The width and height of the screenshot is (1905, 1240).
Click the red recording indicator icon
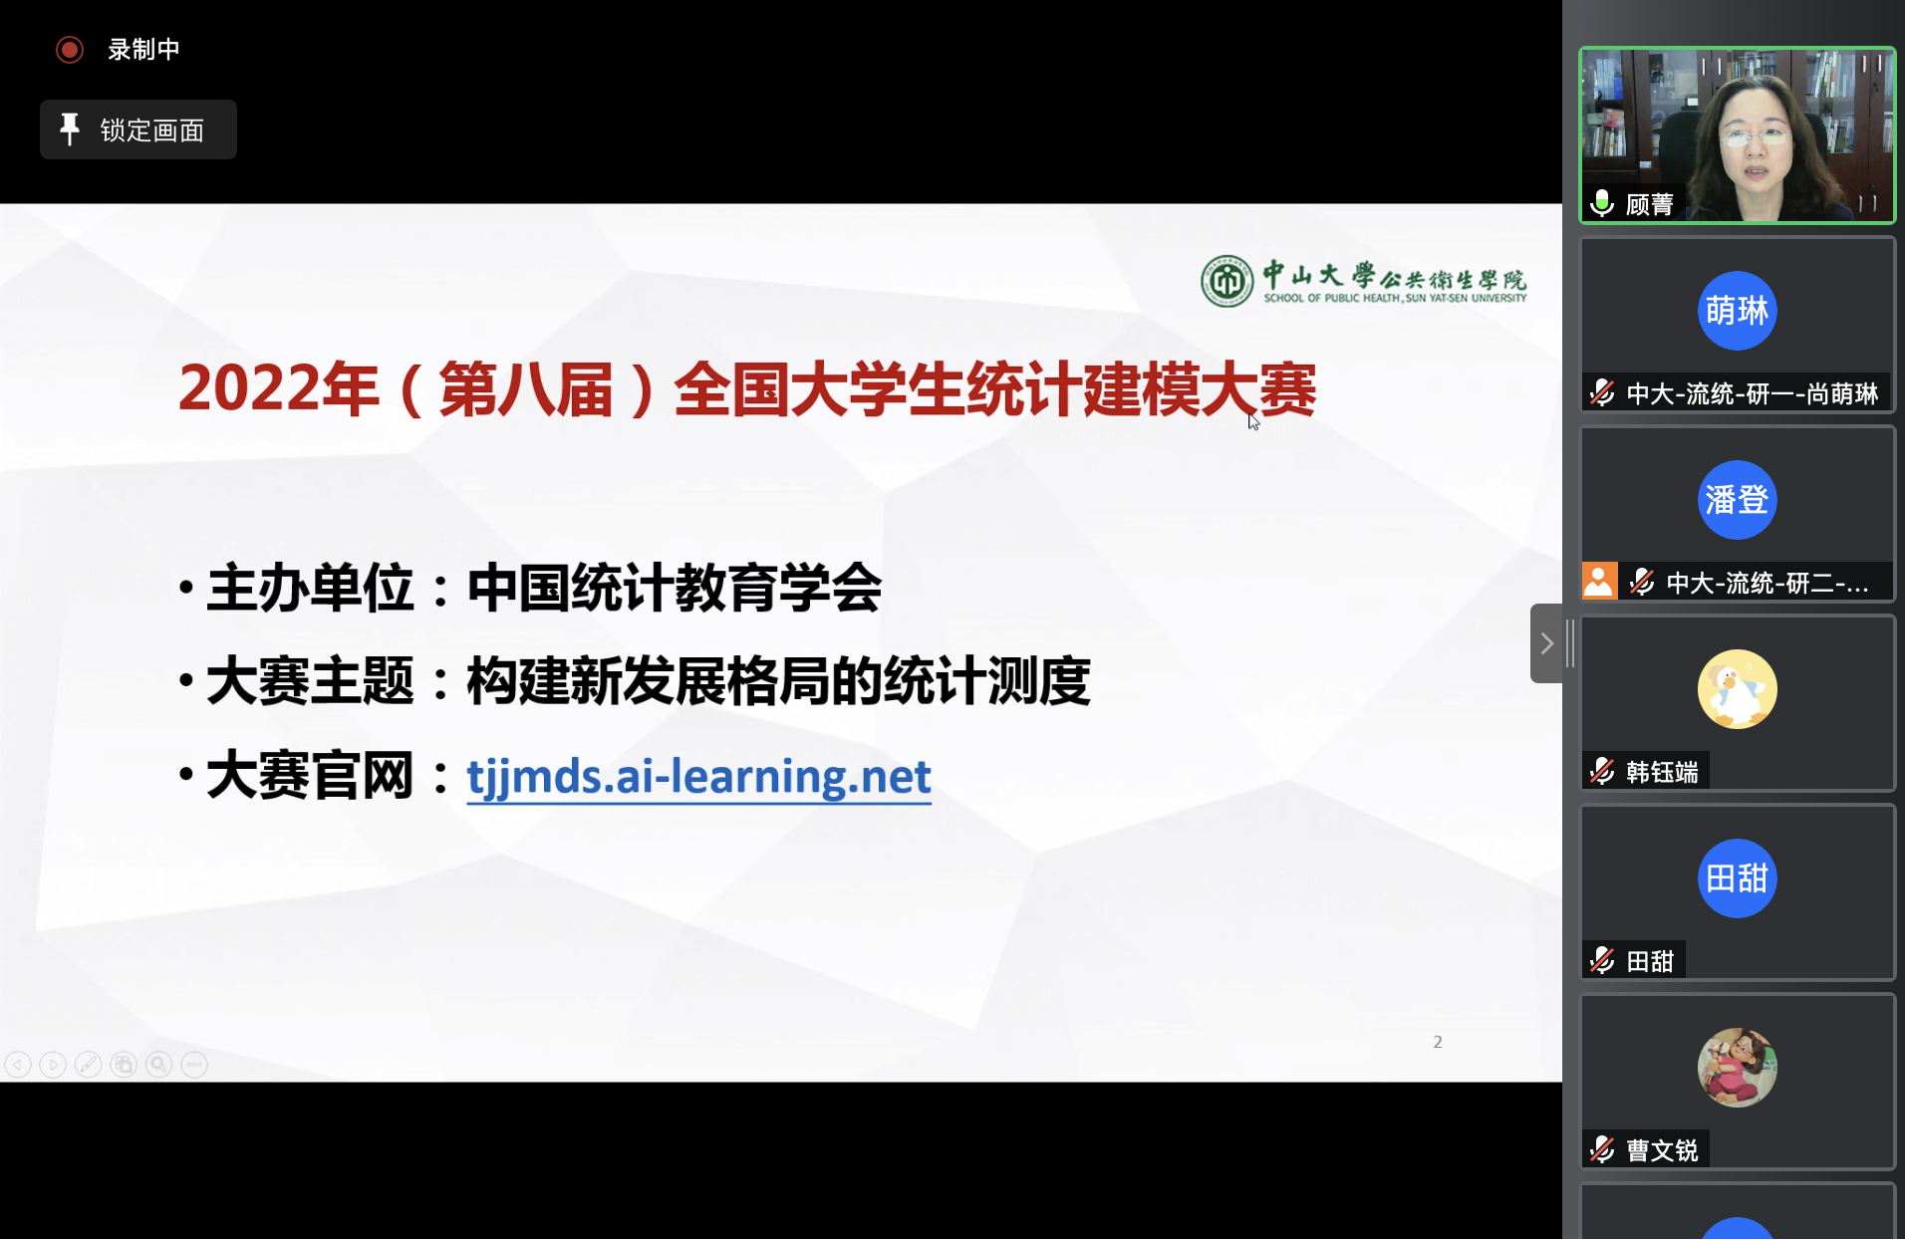click(70, 50)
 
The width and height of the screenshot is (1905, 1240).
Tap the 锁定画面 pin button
click(138, 129)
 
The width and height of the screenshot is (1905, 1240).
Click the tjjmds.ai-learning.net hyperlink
click(698, 777)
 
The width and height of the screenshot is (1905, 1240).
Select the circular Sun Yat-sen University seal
click(1226, 281)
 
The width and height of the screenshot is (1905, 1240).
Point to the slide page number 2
click(1438, 1042)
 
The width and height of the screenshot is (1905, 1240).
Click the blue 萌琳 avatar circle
click(1737, 311)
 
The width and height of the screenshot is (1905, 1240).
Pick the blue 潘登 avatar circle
click(1737, 500)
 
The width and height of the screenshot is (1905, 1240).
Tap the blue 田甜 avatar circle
click(1737, 878)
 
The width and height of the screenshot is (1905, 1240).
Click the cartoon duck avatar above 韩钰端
click(1737, 689)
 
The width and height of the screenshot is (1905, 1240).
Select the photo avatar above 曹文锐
click(1737, 1068)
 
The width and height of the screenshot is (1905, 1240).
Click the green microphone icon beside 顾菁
click(1602, 203)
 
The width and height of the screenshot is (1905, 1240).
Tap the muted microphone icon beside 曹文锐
click(1602, 1149)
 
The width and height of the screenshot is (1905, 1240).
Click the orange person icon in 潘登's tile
click(1599, 581)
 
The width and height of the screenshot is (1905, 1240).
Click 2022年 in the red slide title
click(279, 388)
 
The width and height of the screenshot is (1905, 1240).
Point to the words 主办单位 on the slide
click(310, 588)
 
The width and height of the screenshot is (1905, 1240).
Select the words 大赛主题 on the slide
click(310, 681)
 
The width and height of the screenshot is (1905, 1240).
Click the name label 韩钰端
click(1662, 772)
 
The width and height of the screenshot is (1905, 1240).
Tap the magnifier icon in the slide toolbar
click(158, 1065)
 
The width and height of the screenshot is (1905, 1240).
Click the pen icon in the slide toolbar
click(88, 1065)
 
